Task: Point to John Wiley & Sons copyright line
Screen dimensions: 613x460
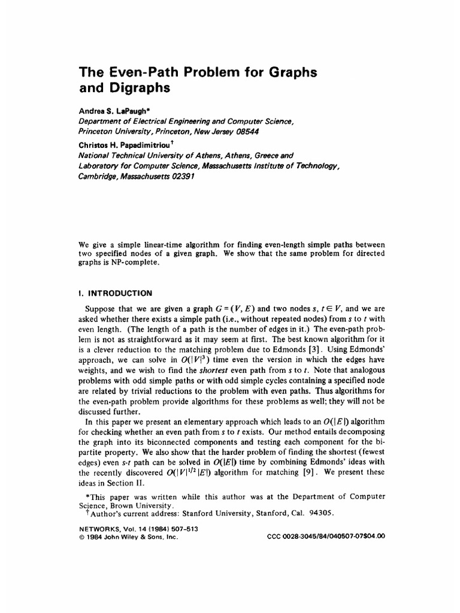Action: coord(129,536)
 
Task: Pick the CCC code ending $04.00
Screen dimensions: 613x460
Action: coord(325,536)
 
